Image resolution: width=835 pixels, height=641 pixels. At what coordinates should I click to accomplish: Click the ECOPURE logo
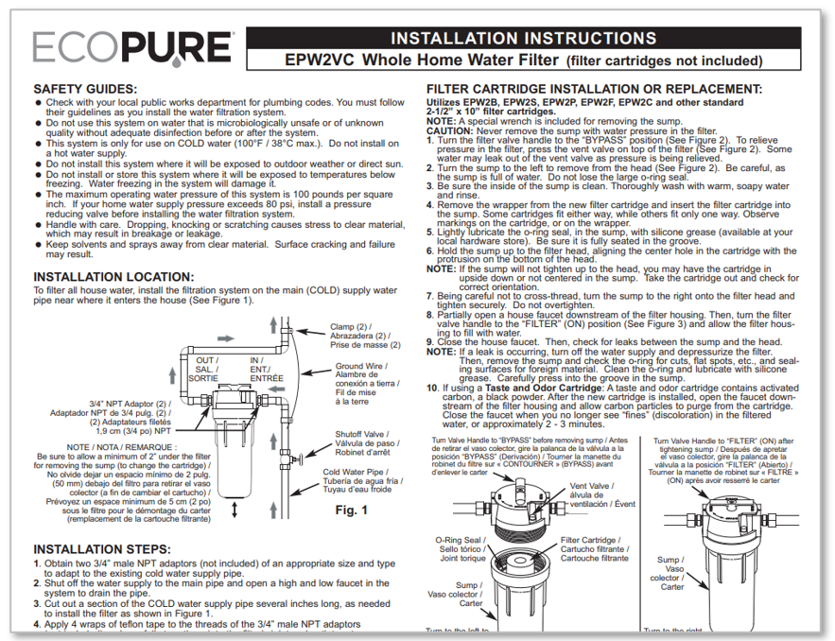click(x=132, y=47)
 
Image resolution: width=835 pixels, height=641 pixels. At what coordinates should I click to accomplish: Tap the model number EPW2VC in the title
click(x=322, y=60)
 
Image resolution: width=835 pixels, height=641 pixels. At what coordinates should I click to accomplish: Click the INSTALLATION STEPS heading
click(x=101, y=548)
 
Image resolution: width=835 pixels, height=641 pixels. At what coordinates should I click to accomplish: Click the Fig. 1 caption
click(x=351, y=511)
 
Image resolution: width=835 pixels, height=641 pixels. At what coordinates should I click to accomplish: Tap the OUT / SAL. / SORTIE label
click(x=203, y=369)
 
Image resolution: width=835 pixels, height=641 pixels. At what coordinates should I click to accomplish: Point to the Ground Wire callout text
click(x=361, y=383)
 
